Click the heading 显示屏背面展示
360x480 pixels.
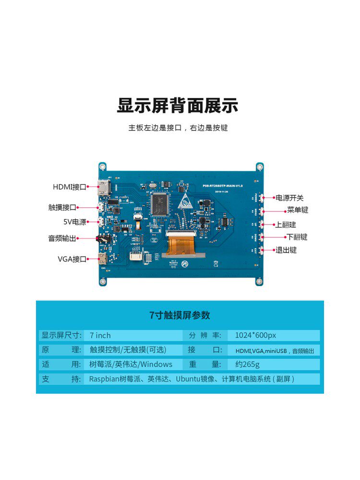(178, 106)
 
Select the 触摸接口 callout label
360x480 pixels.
(62, 207)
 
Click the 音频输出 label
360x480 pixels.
(62, 238)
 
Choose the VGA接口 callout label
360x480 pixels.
(72, 259)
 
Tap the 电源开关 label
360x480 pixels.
(289, 198)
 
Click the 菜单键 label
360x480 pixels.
(298, 210)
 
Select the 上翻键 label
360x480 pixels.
(285, 224)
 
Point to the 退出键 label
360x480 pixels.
(286, 250)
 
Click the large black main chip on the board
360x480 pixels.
(158, 204)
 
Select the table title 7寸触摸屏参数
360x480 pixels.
(180, 315)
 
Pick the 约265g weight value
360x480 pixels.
(244, 364)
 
